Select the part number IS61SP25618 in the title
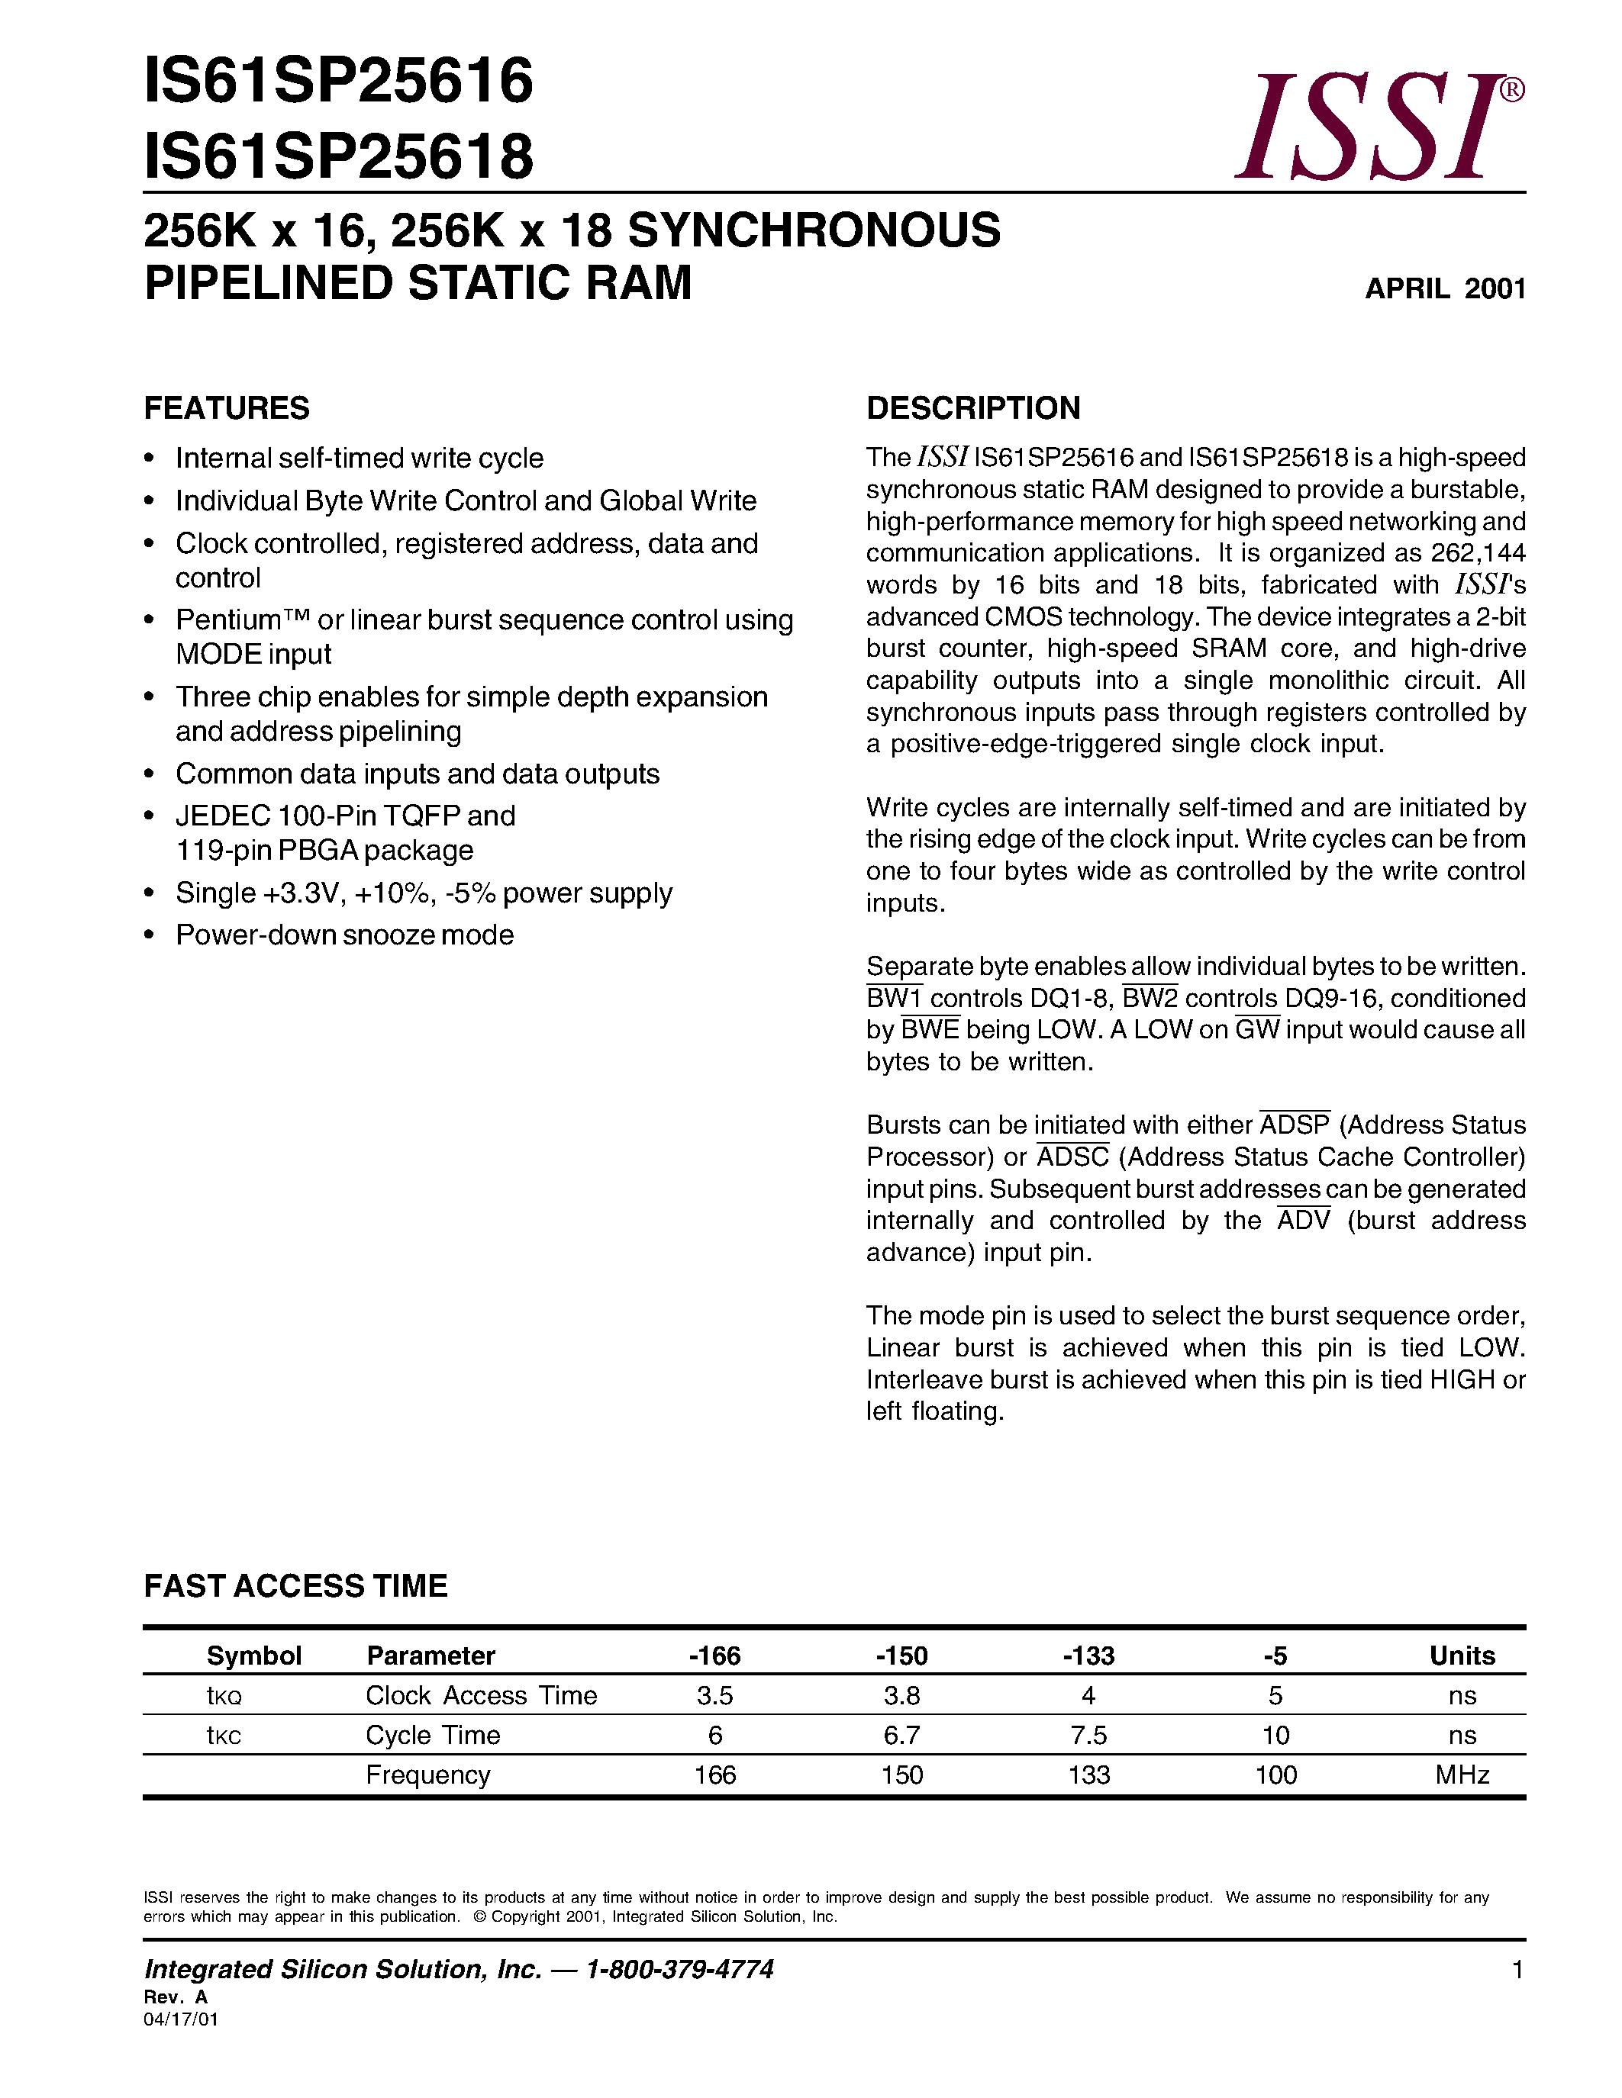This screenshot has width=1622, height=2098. [338, 156]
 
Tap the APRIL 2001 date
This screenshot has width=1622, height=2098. [1444, 289]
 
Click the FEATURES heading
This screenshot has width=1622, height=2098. [227, 408]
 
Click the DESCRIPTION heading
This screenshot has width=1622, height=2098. [972, 408]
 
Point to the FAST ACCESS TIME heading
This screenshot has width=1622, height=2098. [296, 1586]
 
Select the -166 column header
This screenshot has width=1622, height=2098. [715, 1656]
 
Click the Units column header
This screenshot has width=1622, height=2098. [1462, 1656]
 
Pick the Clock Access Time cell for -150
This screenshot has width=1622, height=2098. [901, 1695]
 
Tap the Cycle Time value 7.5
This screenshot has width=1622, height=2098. [1088, 1735]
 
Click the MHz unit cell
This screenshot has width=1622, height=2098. [1462, 1775]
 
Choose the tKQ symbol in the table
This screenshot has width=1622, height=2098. [224, 1697]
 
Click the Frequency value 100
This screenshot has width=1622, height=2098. [1275, 1775]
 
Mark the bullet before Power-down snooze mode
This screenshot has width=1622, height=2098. [149, 935]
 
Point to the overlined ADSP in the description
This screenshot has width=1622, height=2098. [1295, 1125]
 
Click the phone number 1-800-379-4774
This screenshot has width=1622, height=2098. [679, 1969]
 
